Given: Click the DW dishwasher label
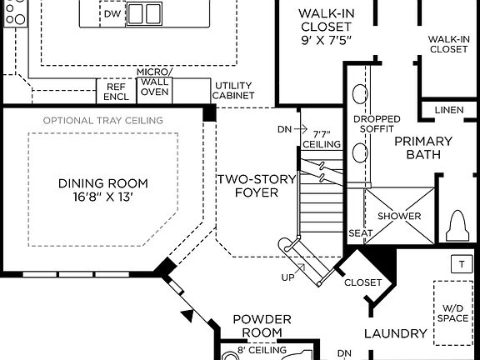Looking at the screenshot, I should pos(112,14).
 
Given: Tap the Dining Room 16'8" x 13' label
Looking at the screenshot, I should pos(103,190).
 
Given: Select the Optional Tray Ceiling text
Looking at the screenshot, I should pos(102,121).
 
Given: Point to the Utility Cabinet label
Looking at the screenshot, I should pos(233,91).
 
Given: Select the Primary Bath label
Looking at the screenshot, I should pos(422,148).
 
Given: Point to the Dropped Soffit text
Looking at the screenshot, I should pos(377,123).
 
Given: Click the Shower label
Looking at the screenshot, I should pos(399,216).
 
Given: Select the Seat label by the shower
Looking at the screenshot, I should pos(359,233).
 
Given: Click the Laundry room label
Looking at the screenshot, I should pos(396,334).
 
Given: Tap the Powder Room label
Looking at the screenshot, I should pos(262,326).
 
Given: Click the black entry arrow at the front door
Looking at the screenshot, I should pos(188,316).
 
